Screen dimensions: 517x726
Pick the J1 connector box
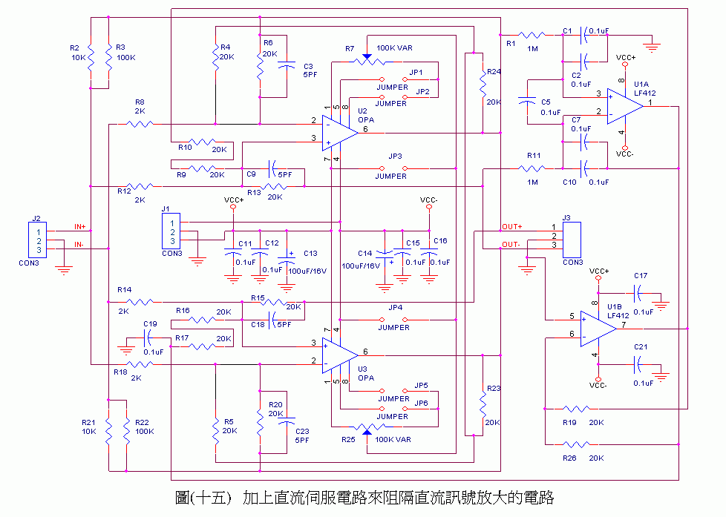click(171, 231)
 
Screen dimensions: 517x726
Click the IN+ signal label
click(80, 225)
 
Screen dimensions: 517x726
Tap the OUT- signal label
click(511, 245)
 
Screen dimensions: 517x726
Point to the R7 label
click(350, 48)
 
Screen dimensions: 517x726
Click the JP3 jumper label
click(395, 157)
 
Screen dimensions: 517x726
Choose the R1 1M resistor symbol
click(532, 34)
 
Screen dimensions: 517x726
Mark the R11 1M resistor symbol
click(532, 168)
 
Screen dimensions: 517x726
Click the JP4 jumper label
click(395, 307)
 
